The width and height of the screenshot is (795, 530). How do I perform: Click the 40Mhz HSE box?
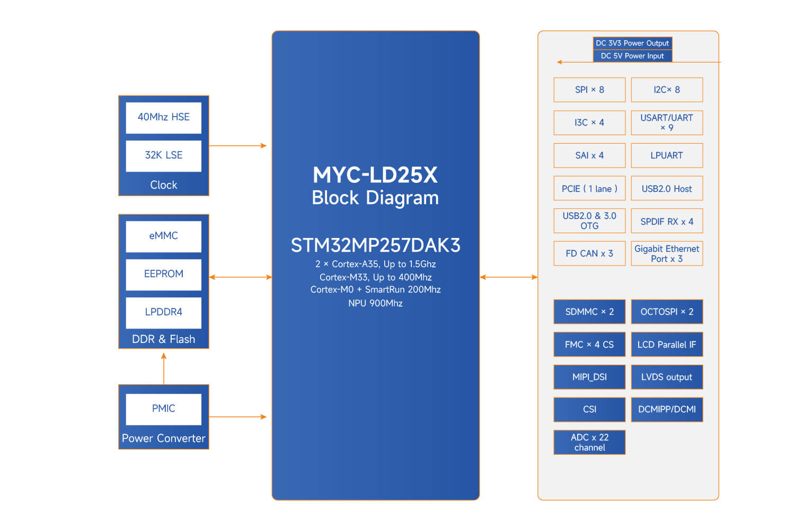(x=163, y=117)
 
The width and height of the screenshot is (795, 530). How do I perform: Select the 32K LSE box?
(x=163, y=155)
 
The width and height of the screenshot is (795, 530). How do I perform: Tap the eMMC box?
(x=163, y=236)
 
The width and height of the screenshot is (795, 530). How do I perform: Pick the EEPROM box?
(x=163, y=274)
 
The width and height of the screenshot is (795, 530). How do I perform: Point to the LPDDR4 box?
(x=163, y=312)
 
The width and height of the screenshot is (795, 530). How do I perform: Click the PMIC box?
(x=163, y=409)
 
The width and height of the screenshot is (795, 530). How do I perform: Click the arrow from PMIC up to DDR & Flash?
(x=164, y=369)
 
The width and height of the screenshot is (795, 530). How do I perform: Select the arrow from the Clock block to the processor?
(x=237, y=146)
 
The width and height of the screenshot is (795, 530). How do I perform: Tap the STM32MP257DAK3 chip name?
(x=375, y=245)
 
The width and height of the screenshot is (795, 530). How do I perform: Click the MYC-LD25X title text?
(x=375, y=175)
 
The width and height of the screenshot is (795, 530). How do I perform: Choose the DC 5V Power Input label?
(x=632, y=56)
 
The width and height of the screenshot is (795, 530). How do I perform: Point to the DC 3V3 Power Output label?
(x=632, y=43)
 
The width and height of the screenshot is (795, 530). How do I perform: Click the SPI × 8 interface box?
(x=589, y=90)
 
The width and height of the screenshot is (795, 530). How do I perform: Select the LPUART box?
(x=667, y=156)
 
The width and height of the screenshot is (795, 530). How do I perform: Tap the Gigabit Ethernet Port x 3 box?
(x=667, y=254)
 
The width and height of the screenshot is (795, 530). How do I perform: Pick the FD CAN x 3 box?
(x=589, y=254)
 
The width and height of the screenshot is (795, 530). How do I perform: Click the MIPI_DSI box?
(x=589, y=377)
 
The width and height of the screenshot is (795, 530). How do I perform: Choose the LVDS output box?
(x=667, y=377)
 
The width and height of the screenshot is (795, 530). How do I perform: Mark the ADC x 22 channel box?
(x=589, y=442)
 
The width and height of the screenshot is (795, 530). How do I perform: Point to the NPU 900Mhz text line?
(x=375, y=303)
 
